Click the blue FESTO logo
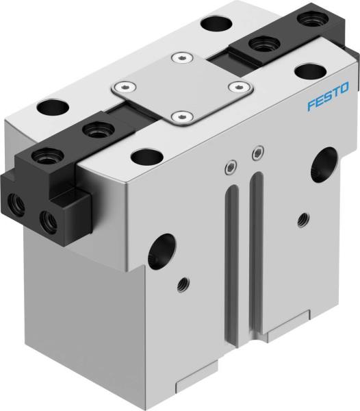(x=328, y=89)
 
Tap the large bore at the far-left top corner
(x=49, y=108)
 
